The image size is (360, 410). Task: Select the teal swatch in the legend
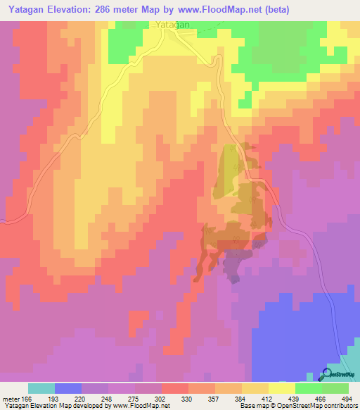(41, 388)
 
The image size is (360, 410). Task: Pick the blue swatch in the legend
(68, 388)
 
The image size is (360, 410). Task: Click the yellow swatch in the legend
(282, 388)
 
